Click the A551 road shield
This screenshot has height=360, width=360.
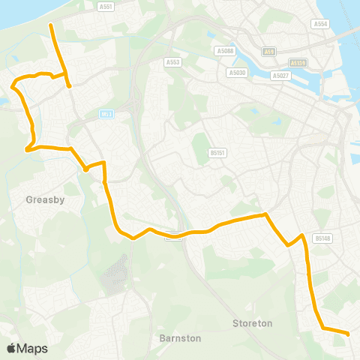coord(106,6)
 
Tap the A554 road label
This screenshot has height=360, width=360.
coord(320,24)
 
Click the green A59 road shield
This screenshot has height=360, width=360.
coord(268,52)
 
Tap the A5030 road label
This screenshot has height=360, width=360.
coord(235,73)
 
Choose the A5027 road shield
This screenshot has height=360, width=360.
coord(280,76)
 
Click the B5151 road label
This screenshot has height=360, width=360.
coord(218,152)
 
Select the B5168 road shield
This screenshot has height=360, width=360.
coord(322,238)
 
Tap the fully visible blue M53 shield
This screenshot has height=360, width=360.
coord(106,114)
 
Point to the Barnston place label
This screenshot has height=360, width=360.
coord(180,338)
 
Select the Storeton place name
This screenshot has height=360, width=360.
coord(251,323)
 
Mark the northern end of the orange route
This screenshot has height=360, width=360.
coord(50,25)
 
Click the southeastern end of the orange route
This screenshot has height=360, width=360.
coord(349,333)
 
